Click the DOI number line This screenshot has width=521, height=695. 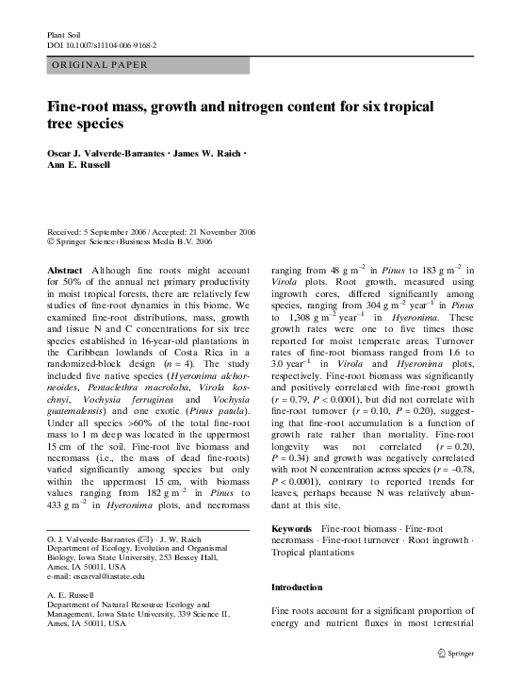coord(101,44)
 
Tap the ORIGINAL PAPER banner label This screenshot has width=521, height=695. coord(92,66)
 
